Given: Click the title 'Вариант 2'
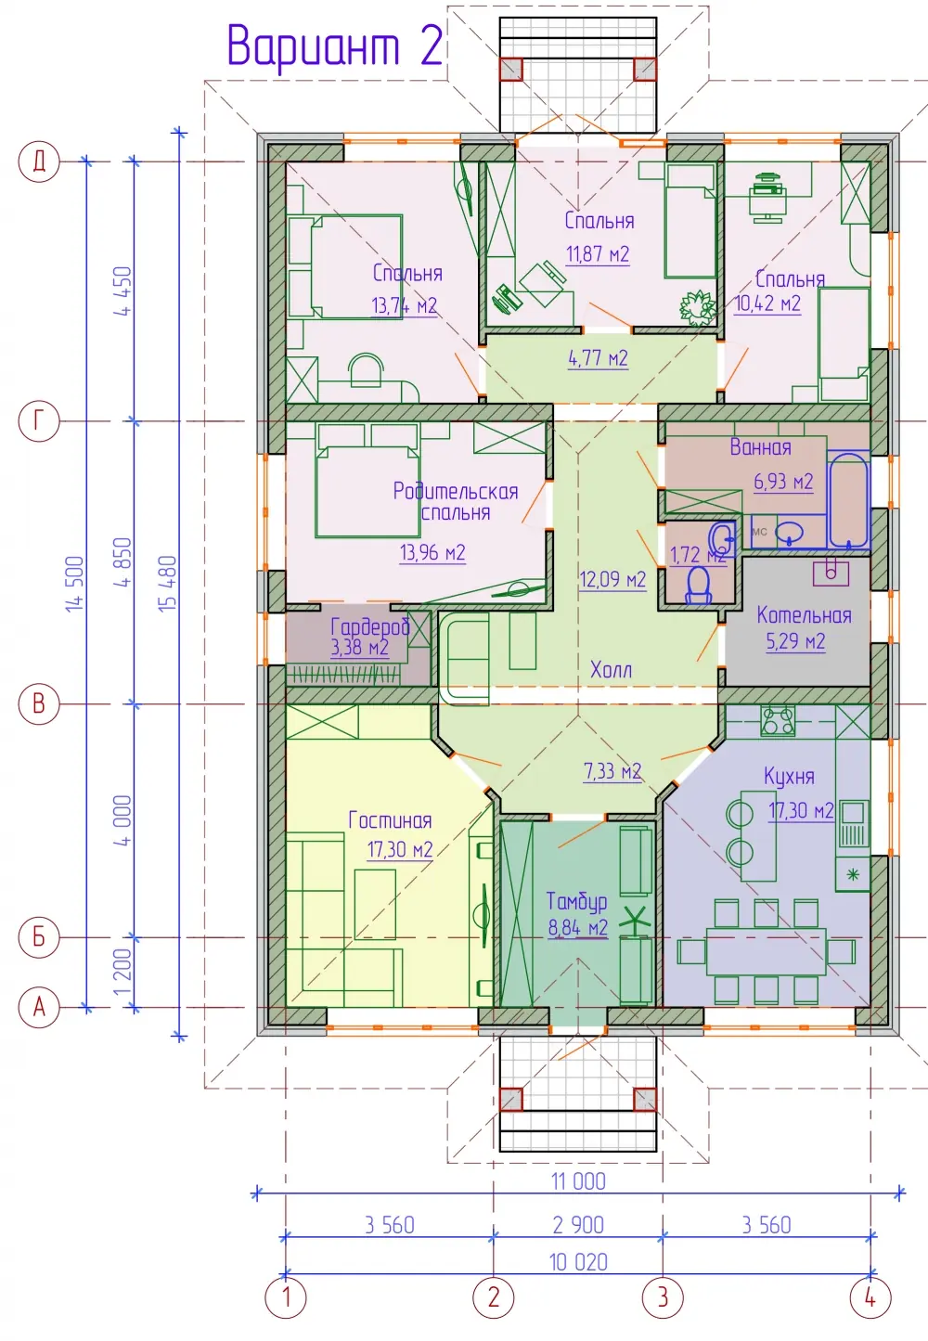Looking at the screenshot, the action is (335, 46).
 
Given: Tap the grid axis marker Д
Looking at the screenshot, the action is (39, 161).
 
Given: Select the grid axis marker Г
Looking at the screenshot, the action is (39, 421).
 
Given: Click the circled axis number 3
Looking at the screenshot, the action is (663, 1298).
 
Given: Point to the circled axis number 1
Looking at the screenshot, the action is (286, 1298).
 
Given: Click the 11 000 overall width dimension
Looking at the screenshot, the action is (578, 1181).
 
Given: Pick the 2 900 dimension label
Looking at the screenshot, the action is (578, 1225).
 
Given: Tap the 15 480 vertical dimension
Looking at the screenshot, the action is (168, 583).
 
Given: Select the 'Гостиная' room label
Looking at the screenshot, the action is (390, 819).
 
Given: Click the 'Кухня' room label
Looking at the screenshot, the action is (789, 777).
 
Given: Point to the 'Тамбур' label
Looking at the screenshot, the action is (577, 902).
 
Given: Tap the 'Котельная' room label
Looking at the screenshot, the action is (804, 615).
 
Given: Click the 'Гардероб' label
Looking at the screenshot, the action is (370, 626).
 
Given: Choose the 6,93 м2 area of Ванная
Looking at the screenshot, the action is (783, 481).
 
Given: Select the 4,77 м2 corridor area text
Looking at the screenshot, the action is (599, 358).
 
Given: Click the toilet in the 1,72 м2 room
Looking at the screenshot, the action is (697, 586).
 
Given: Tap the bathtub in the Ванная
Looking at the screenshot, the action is (848, 500).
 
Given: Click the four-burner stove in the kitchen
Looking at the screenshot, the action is (778, 720).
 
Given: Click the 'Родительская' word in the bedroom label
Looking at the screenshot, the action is (455, 492).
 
